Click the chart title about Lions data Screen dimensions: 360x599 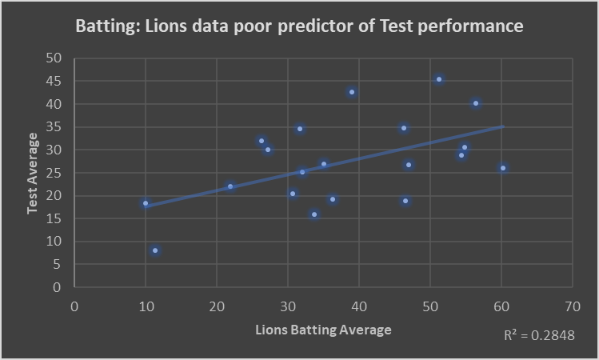[299, 26]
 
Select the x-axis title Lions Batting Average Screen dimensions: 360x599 [323, 330]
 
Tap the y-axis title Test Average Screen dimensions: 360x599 [33, 173]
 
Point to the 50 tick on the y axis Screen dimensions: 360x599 [54, 58]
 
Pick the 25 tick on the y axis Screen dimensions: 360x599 [54, 173]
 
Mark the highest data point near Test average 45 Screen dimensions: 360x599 [439, 79]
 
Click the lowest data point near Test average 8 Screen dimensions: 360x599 [155, 250]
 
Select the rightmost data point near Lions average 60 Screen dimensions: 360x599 [503, 168]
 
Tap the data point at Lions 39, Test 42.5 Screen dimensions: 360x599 [352, 92]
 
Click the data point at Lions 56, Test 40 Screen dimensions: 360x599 [476, 103]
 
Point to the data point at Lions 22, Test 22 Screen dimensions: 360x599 [230, 186]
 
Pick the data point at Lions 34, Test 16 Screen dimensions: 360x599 [314, 214]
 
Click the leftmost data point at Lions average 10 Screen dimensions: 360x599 [146, 203]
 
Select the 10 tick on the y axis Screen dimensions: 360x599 [54, 242]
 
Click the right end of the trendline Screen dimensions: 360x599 [502, 126]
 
